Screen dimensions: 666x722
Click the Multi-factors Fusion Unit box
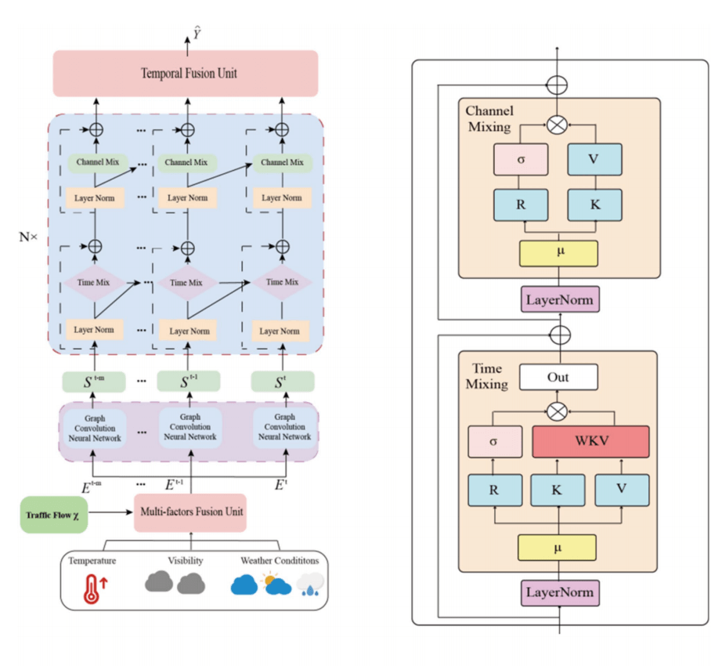point(190,512)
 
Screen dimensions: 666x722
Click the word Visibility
point(186,561)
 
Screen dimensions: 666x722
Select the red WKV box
point(590,442)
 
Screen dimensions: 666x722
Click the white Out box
point(558,377)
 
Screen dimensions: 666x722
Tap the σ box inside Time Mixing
point(493,442)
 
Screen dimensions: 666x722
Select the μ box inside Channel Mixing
point(558,254)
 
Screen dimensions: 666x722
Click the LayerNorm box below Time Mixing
point(559,592)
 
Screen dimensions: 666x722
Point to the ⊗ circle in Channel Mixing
point(557,124)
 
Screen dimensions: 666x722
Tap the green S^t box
point(283,382)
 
